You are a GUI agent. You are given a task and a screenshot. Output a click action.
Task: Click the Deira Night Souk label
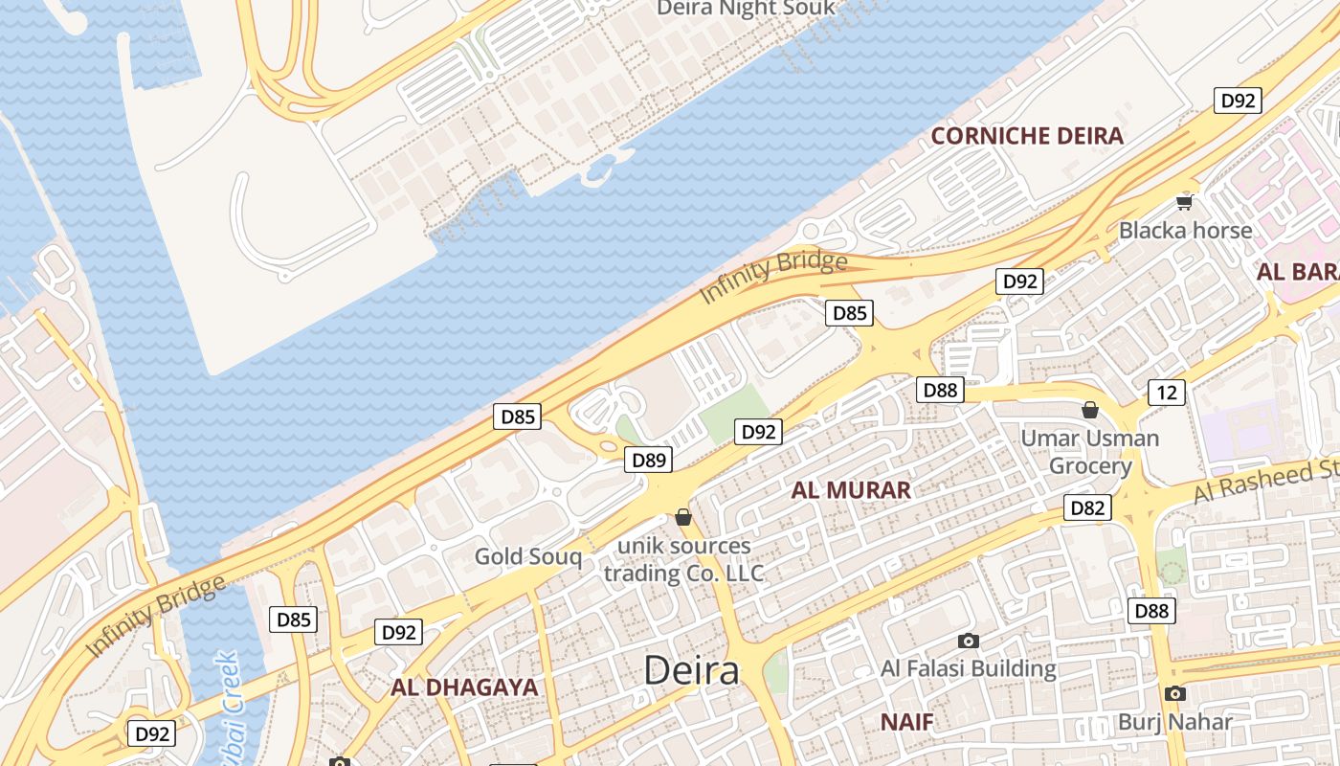click(x=746, y=9)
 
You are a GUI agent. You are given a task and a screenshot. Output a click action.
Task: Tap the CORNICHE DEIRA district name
click(x=1027, y=136)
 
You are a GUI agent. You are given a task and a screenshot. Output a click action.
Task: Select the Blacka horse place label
click(x=1185, y=231)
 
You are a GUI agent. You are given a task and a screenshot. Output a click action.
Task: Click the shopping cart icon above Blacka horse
click(x=1185, y=201)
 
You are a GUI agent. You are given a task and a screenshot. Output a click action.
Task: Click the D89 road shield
click(x=649, y=461)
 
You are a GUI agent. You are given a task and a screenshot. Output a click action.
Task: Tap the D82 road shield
click(x=1087, y=507)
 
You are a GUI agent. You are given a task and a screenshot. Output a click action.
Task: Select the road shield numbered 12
click(x=1166, y=392)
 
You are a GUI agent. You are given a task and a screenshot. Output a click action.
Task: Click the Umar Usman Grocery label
click(x=1090, y=452)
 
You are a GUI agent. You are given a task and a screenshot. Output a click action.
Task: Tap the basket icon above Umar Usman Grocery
click(x=1090, y=411)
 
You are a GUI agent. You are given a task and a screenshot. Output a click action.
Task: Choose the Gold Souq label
click(x=528, y=556)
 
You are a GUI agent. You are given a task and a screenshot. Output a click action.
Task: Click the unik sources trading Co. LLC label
click(x=683, y=560)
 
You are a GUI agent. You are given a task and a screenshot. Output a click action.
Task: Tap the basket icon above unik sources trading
click(x=683, y=518)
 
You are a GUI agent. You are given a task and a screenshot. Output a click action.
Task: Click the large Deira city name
click(x=691, y=670)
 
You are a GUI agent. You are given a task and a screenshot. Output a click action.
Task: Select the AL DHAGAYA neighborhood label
click(x=464, y=687)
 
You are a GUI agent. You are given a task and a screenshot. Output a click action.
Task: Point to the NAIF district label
click(x=906, y=722)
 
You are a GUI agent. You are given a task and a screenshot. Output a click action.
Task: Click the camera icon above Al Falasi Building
click(x=969, y=641)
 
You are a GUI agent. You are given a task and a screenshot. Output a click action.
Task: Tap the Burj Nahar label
click(x=1175, y=722)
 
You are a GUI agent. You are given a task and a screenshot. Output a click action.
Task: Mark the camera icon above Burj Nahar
click(x=1175, y=694)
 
